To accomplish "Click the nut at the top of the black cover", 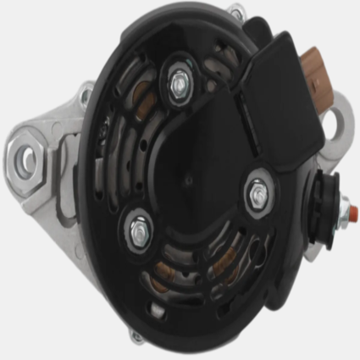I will point(179,81).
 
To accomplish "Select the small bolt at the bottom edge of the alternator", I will point(136,336).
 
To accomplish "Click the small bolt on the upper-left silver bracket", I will point(85,90).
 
